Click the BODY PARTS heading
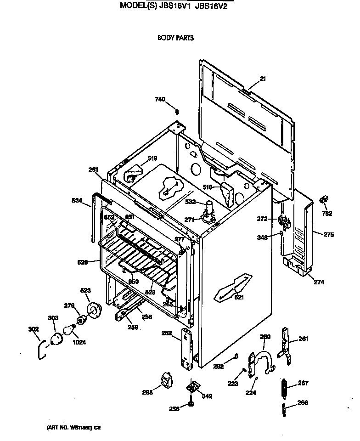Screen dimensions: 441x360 click(x=175, y=38)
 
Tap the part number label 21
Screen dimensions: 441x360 click(x=263, y=79)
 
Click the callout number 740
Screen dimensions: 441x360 click(x=160, y=99)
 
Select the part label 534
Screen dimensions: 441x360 click(x=77, y=200)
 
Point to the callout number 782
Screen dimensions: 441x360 click(x=326, y=213)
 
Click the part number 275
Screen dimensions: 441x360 click(x=328, y=235)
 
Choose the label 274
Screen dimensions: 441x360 click(x=319, y=282)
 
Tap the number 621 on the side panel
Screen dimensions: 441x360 click(x=239, y=297)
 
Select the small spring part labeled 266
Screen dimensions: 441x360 click(x=285, y=408)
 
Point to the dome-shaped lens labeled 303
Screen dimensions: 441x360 click(x=56, y=339)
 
